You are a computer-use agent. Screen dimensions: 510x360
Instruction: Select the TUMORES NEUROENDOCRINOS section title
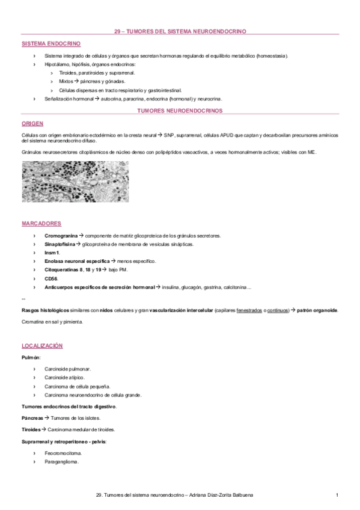[x=180, y=111]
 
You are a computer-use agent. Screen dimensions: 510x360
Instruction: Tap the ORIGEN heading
[x=32, y=123]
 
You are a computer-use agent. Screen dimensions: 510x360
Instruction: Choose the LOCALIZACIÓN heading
[x=42, y=346]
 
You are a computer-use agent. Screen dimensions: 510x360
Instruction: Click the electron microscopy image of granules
[x=75, y=182]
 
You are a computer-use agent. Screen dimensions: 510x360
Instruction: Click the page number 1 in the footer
[x=337, y=494]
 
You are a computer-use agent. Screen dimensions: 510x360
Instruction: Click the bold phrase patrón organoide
[x=317, y=310]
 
